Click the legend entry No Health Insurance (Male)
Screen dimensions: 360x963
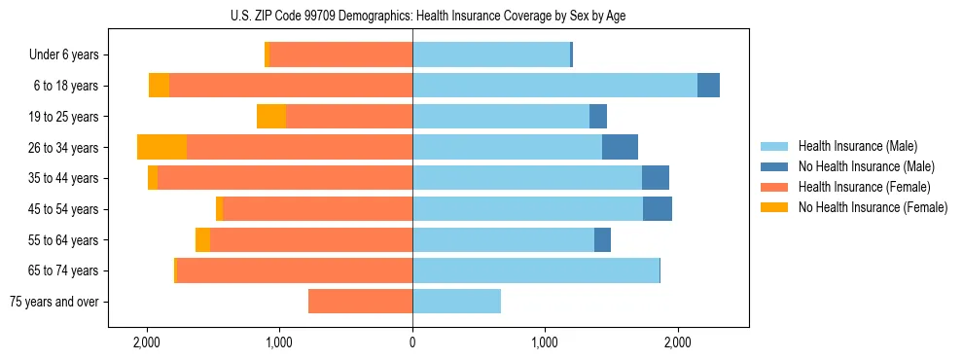(866, 166)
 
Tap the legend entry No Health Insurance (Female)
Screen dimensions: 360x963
(872, 207)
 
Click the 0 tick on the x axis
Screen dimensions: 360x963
(412, 342)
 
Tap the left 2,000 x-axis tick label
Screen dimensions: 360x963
(147, 342)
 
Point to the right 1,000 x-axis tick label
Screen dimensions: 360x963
(545, 342)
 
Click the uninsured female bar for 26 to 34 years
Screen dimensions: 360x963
(162, 147)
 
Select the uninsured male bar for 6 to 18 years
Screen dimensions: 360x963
(708, 86)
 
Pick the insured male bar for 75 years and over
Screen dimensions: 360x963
(456, 302)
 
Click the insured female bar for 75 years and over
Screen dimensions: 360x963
(360, 302)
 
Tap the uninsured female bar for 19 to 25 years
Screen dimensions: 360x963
(271, 117)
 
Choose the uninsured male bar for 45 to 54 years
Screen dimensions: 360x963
(658, 209)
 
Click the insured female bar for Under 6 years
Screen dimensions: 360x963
(340, 54)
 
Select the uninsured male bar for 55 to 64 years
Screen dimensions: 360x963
(602, 239)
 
